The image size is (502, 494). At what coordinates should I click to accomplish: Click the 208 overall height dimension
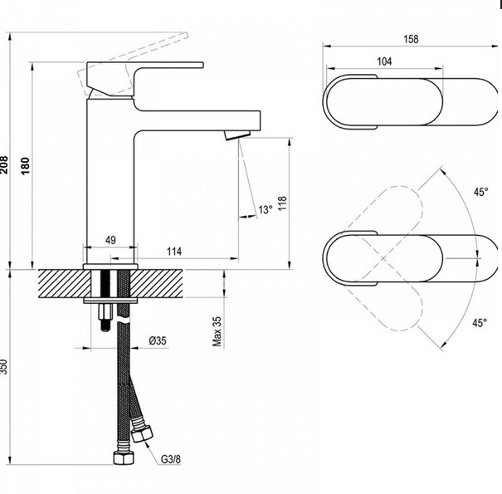tap(4, 164)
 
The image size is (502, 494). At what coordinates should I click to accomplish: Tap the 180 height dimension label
tap(25, 165)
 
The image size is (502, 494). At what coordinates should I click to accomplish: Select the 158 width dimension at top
tap(411, 39)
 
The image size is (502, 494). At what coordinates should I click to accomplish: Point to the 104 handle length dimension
tap(384, 61)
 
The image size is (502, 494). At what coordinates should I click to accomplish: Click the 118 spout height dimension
tap(282, 203)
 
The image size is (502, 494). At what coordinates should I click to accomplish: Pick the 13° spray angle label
tap(266, 210)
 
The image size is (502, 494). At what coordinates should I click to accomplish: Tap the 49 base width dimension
tap(110, 240)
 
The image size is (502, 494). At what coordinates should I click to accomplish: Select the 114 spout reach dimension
tap(174, 252)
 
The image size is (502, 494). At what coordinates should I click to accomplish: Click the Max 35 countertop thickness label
tap(217, 331)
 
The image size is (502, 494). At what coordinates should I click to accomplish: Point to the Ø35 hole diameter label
tap(158, 340)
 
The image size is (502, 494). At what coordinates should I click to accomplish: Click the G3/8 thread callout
tap(171, 459)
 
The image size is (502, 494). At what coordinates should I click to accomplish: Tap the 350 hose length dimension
tap(3, 367)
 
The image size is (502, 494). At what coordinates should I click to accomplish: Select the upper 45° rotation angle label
tap(481, 192)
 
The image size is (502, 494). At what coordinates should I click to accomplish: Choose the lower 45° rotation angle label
tap(480, 323)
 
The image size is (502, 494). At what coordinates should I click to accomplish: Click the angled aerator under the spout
tap(237, 135)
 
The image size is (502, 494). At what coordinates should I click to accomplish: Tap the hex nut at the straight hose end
tap(124, 457)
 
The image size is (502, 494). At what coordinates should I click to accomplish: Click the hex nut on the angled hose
tap(142, 433)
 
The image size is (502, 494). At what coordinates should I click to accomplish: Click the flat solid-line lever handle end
tap(202, 65)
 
